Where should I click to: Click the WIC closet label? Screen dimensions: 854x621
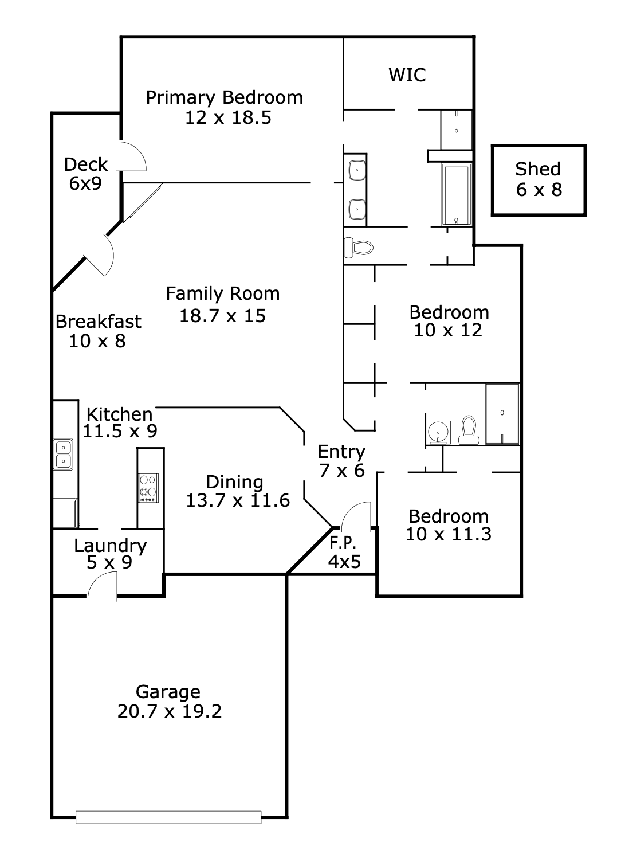pos(407,75)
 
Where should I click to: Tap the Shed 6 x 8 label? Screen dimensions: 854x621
pos(539,179)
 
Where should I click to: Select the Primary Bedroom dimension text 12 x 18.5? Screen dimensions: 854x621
pos(228,118)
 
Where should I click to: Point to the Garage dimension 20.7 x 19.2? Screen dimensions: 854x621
pos(170,711)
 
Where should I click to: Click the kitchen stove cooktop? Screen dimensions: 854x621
pos(149,488)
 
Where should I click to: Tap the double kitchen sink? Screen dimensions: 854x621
pos(63,454)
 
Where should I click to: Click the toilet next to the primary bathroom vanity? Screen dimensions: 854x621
pos(358,248)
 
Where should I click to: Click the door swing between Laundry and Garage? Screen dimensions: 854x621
pos(102,587)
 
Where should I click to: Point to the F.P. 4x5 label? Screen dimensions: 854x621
pos(344,553)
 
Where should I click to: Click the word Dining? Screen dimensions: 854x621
pos(235,482)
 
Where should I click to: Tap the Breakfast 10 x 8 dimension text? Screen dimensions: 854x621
pos(97,342)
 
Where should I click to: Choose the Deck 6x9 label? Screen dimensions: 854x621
pos(86,174)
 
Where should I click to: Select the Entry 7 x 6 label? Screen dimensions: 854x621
pos(341,461)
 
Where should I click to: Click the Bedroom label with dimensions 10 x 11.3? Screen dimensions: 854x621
pos(449,525)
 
